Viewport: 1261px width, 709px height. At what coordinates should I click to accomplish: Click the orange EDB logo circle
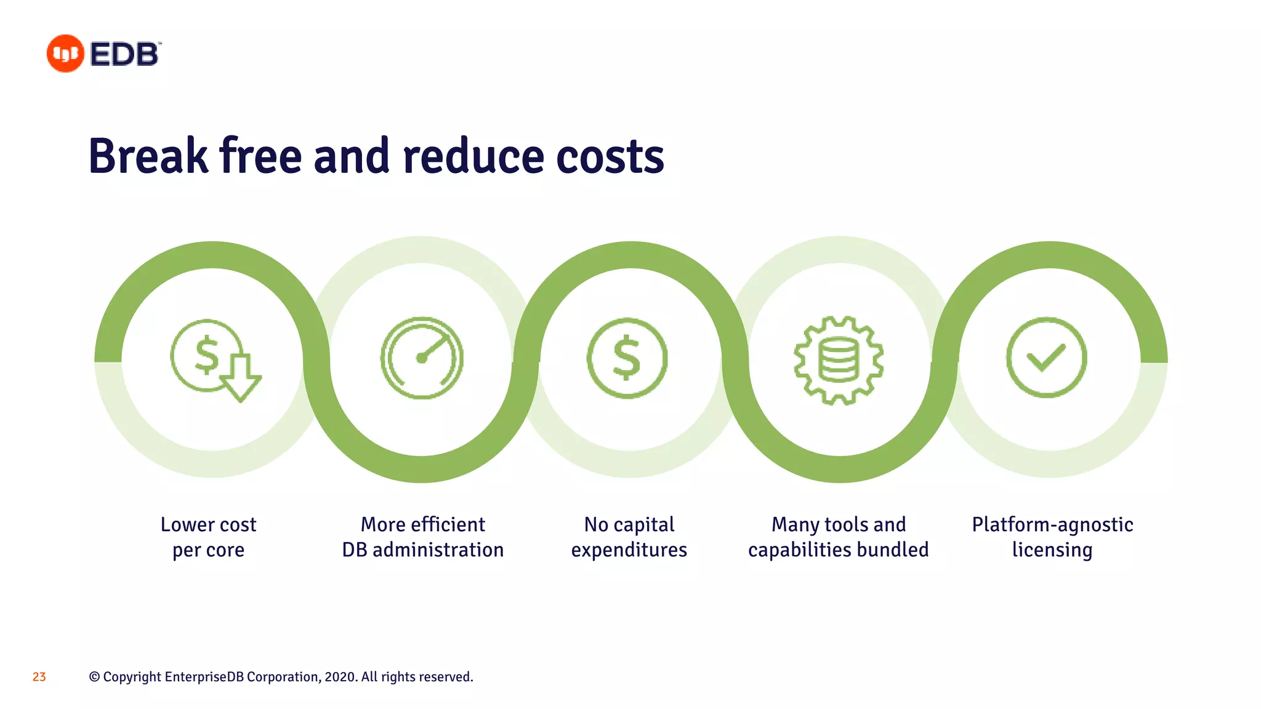pos(65,54)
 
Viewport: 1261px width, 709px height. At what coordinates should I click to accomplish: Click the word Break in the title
pos(148,156)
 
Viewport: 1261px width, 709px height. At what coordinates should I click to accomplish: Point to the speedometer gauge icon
pos(422,358)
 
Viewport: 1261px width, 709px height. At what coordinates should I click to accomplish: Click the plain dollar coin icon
pos(627,358)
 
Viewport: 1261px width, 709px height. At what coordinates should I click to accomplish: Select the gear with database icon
pos(839,360)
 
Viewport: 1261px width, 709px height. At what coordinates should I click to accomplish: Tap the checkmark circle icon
pos(1046,358)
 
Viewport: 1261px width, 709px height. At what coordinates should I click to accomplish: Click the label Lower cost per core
pos(208,537)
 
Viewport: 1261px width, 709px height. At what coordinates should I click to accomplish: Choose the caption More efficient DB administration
pos(423,537)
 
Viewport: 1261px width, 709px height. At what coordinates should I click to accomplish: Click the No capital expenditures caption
pos(629,537)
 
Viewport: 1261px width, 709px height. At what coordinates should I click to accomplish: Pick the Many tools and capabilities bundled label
pos(838,537)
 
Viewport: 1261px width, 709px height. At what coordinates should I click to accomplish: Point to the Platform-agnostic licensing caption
pos(1052,537)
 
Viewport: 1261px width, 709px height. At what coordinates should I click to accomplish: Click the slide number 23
pos(39,677)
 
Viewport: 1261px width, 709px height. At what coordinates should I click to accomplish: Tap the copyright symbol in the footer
pos(94,677)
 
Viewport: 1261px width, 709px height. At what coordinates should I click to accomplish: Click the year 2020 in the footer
pos(340,677)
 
